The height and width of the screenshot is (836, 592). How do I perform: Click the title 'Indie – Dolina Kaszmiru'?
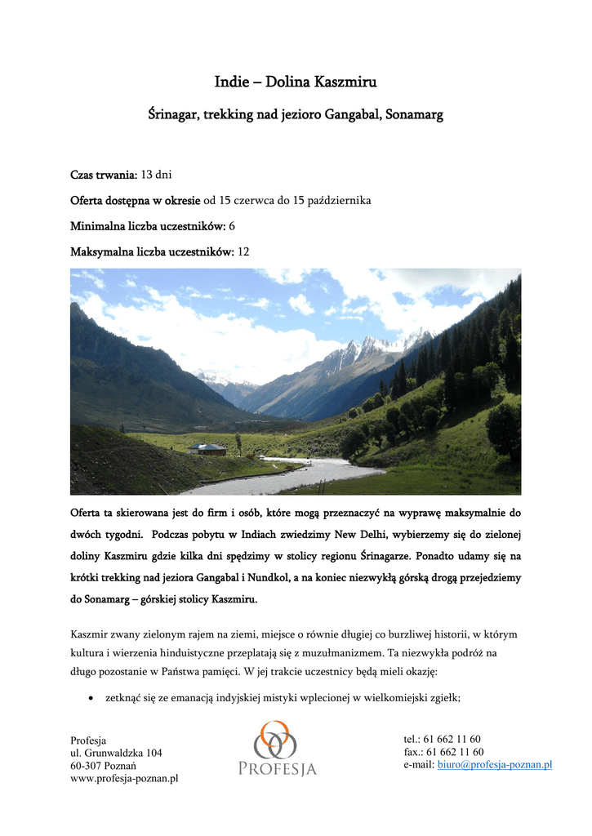click(x=296, y=82)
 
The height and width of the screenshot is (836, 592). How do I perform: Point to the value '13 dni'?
click(x=157, y=175)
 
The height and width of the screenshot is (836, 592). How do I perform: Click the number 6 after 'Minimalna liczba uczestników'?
click(x=232, y=225)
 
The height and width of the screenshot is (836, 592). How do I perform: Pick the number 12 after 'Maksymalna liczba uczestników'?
click(x=243, y=251)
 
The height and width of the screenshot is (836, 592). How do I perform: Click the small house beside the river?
click(x=207, y=449)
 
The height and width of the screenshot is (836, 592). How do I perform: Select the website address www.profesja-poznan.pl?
click(x=124, y=779)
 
